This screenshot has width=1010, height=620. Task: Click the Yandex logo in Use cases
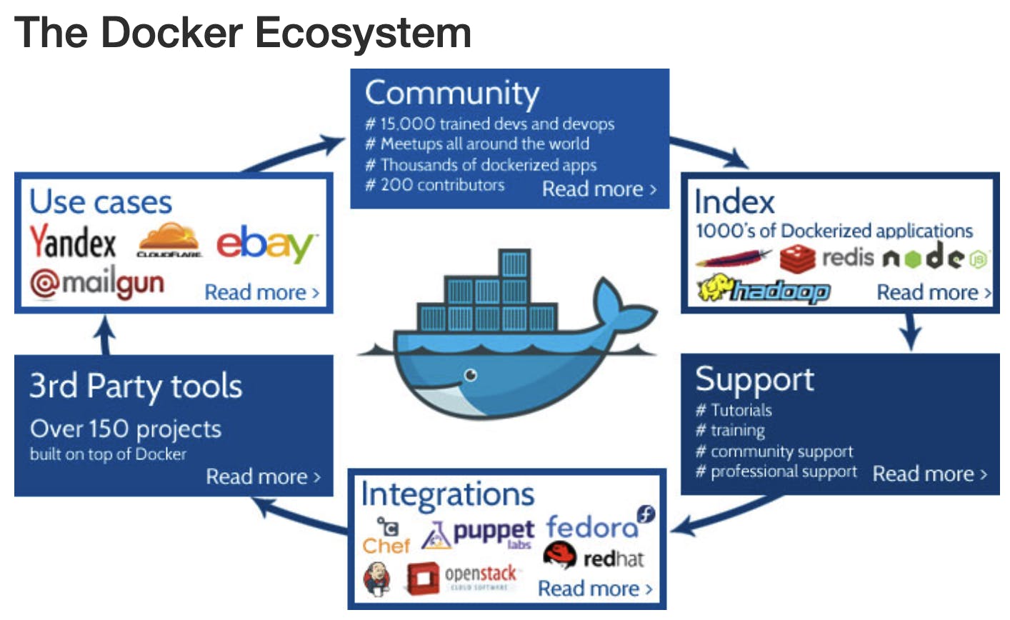[x=72, y=242]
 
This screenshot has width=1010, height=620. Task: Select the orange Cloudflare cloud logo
[x=169, y=239]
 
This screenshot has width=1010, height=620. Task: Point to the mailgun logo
[x=97, y=283]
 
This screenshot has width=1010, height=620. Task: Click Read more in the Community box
[x=599, y=189]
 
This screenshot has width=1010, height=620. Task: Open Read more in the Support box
[x=929, y=474]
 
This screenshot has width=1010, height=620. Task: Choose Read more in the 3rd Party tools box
[x=263, y=476]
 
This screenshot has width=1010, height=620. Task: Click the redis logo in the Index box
[x=826, y=257]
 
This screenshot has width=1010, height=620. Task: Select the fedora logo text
[x=592, y=527]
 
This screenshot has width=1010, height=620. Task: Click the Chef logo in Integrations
[x=386, y=537]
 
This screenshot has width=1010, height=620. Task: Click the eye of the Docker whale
[x=469, y=374]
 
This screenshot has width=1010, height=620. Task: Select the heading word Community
[x=451, y=93]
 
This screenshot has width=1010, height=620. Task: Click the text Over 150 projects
[x=126, y=429]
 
